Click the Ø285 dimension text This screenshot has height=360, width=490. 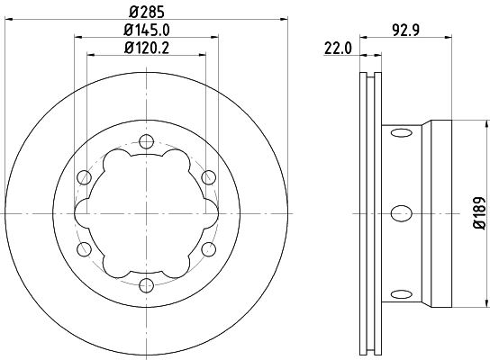pyautogui.click(x=146, y=12)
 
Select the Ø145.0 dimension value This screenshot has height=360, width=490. pyautogui.click(x=146, y=30)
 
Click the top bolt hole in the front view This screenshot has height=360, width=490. pyautogui.click(x=146, y=140)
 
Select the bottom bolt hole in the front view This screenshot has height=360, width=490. pyautogui.click(x=146, y=285)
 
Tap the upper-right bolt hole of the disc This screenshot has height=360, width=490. pyautogui.click(x=209, y=176)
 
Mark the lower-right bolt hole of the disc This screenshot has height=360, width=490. pyautogui.click(x=209, y=249)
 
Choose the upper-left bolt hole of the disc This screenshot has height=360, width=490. pyautogui.click(x=84, y=176)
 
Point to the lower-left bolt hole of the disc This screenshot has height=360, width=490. pyautogui.click(x=84, y=249)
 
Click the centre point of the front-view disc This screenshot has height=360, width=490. pyautogui.click(x=146, y=213)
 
